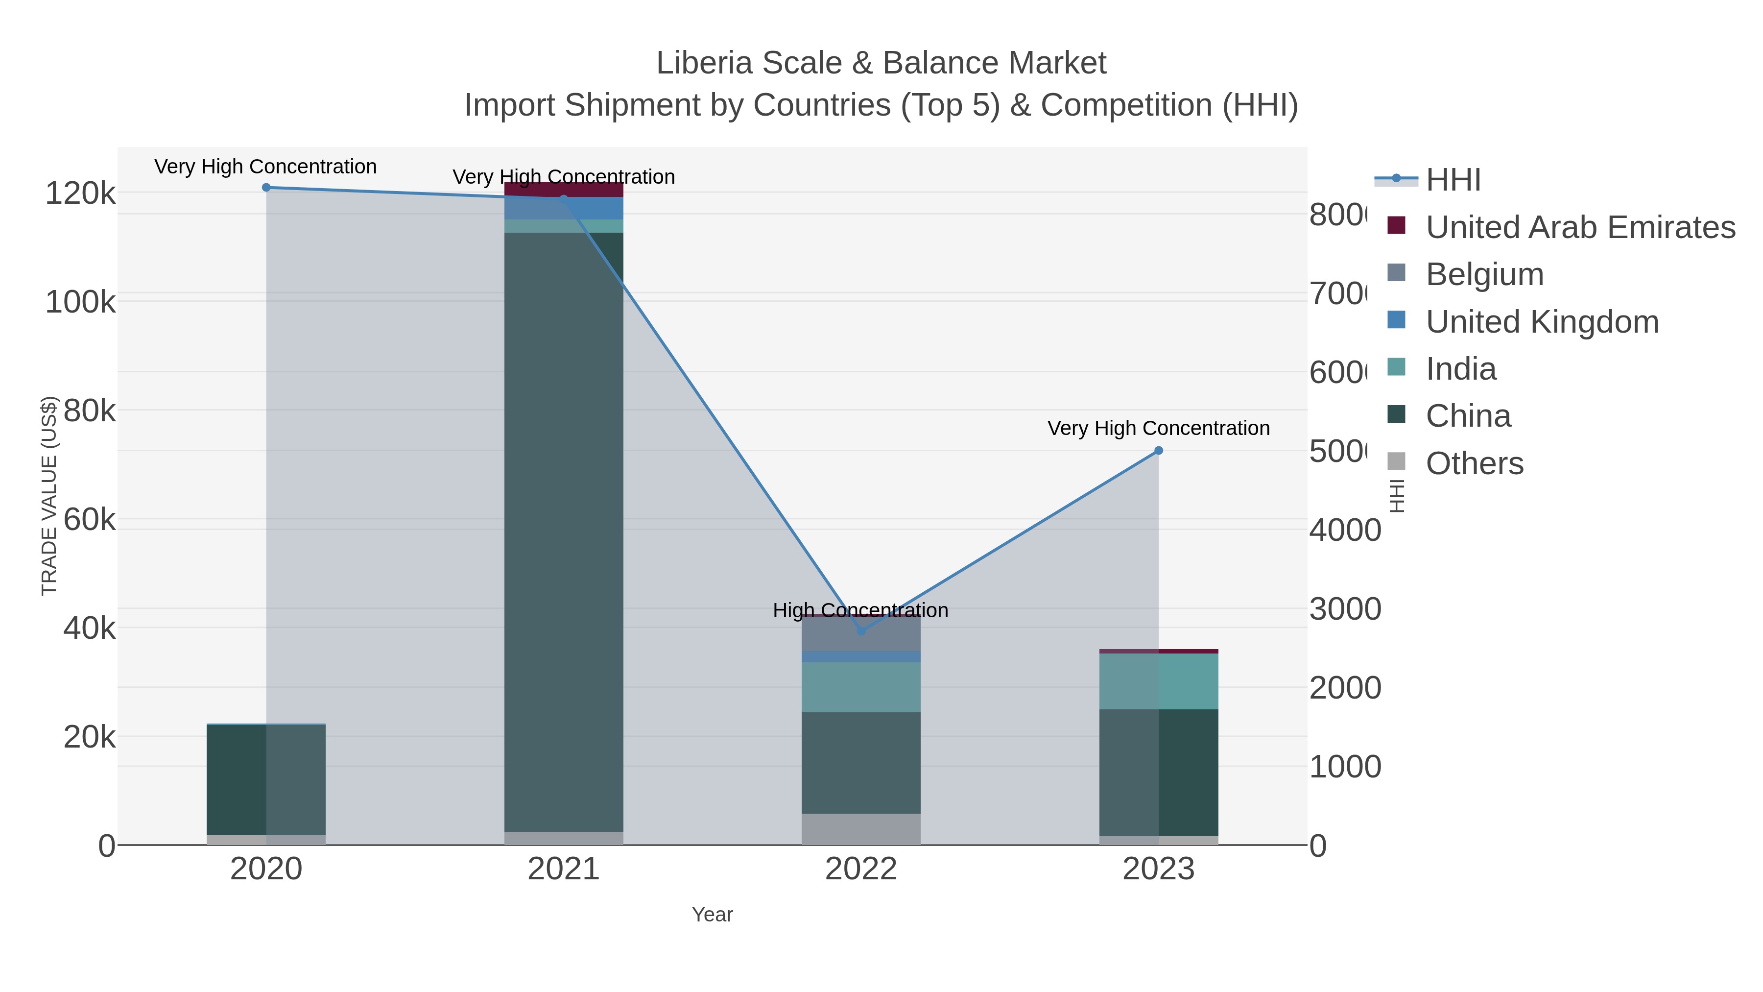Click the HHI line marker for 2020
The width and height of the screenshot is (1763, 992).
point(266,188)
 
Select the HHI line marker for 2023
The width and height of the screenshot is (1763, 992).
point(1159,451)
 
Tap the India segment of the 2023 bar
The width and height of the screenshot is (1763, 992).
point(1159,681)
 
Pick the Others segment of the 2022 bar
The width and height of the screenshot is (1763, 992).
point(861,829)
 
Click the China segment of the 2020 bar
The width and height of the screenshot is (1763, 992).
point(266,780)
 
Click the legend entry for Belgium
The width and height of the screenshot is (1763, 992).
point(1484,274)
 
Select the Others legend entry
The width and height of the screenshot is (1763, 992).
point(1474,463)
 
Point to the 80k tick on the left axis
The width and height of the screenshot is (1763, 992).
point(90,411)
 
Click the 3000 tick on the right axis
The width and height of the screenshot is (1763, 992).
point(1344,609)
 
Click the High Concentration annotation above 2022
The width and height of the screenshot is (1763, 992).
point(860,610)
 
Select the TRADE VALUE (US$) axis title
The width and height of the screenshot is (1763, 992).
point(49,496)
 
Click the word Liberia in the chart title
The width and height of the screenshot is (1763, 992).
point(704,63)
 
